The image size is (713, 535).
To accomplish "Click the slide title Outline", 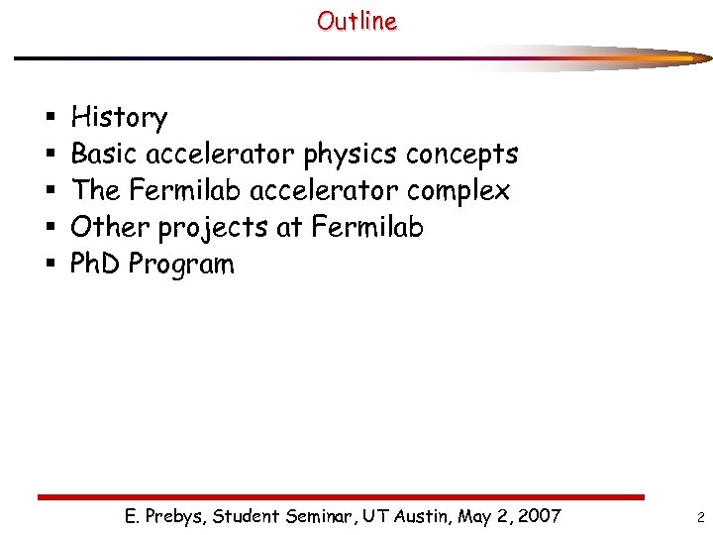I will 356,21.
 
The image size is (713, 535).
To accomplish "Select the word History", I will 119,118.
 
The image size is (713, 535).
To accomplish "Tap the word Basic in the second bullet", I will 105,155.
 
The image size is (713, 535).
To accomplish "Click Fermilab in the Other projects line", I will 367,227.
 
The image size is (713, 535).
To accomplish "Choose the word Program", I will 181,266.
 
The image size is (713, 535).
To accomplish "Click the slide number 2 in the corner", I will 700,517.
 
